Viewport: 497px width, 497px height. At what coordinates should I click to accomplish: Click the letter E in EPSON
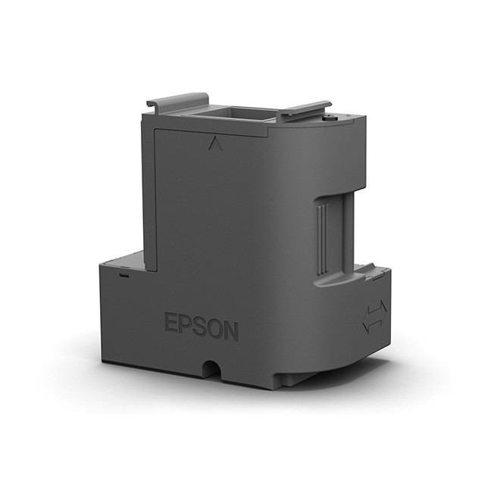tap(171, 322)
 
